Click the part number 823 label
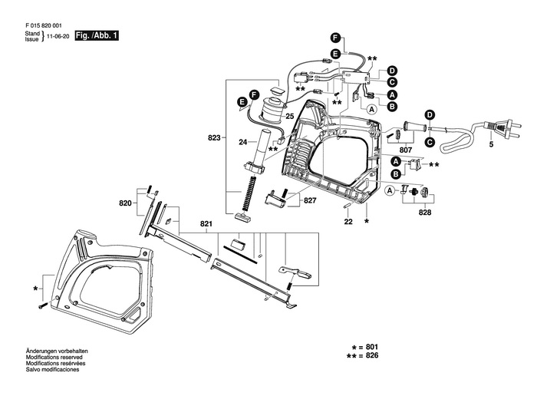pyautogui.click(x=214, y=138)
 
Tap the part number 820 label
pyautogui.click(x=125, y=203)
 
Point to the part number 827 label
pyautogui.click(x=309, y=201)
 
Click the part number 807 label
pyautogui.click(x=406, y=149)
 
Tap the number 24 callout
pyautogui.click(x=242, y=143)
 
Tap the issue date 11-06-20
pyautogui.click(x=58, y=37)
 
